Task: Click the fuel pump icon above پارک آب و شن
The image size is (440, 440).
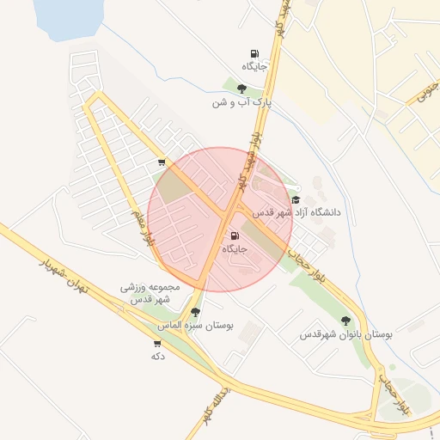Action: tap(254, 53)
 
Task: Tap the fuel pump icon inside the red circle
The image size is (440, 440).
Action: tap(235, 236)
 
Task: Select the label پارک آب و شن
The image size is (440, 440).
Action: tap(242, 102)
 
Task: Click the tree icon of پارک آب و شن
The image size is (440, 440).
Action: tap(242, 88)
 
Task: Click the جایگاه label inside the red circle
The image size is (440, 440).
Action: tap(235, 249)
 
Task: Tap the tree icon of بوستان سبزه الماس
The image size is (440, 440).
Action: tap(196, 313)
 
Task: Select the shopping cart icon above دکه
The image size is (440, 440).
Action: tap(156, 343)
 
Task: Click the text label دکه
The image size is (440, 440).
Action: tap(157, 356)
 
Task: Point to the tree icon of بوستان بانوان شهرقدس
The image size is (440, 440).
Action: tap(345, 321)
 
